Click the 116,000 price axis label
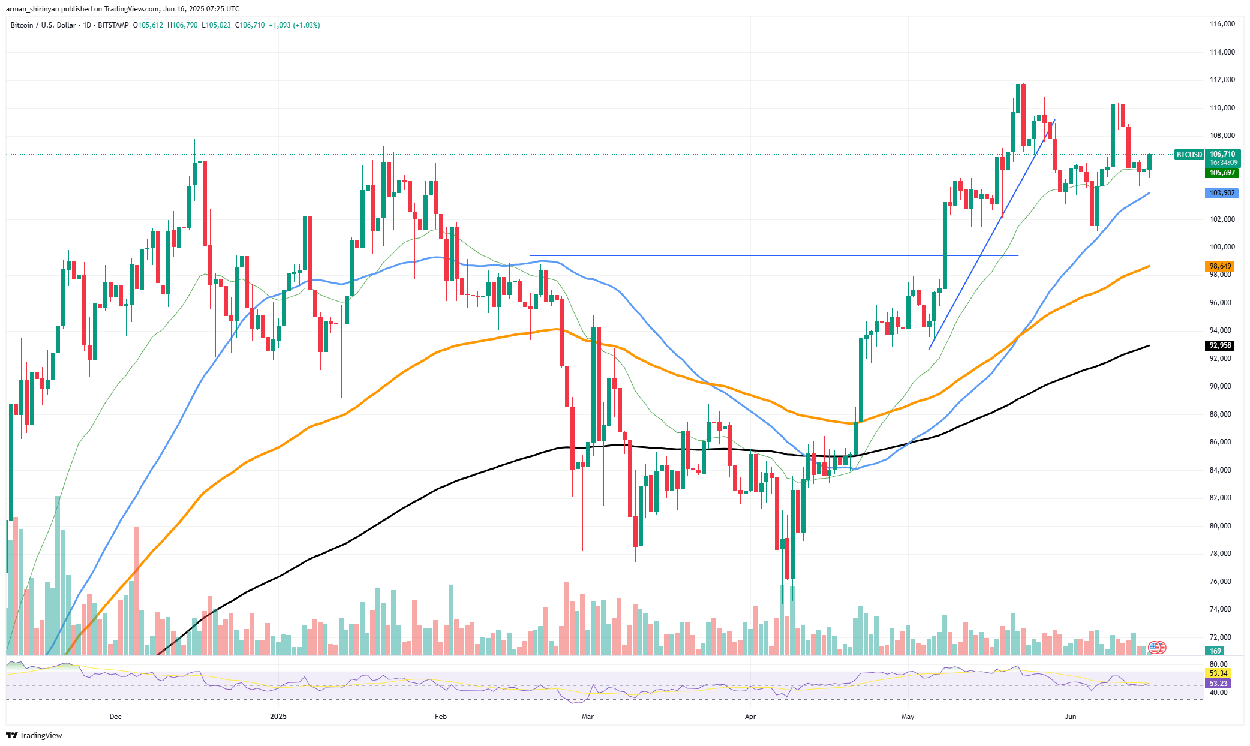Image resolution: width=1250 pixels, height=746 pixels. point(1222,24)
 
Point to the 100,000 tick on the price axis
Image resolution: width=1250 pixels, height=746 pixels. point(1222,247)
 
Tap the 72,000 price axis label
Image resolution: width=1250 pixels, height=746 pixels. point(1222,637)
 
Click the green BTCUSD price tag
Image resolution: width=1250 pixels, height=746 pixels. point(1189,155)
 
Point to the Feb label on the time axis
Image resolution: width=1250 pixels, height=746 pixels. point(441,717)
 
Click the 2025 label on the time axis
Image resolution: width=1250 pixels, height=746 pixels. point(278,717)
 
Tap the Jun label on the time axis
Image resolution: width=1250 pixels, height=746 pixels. point(1070,717)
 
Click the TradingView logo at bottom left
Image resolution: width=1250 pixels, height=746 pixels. point(35,735)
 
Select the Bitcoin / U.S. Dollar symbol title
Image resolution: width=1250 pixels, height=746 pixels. point(43,25)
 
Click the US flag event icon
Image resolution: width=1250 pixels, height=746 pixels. point(1157,648)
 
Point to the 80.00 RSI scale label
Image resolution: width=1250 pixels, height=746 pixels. point(1218,664)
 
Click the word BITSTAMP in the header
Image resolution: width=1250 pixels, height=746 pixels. point(113,25)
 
